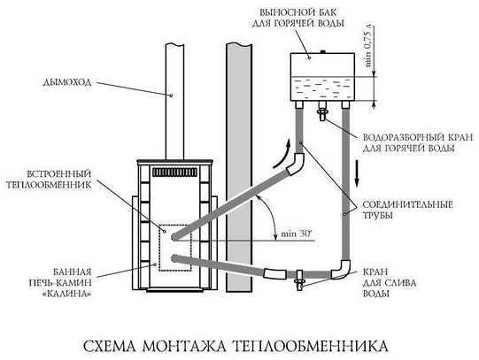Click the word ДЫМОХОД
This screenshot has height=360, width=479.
pos(67,82)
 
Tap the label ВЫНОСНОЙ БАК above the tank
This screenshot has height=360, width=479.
pos(297,12)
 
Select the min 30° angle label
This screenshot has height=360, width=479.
pos(297,234)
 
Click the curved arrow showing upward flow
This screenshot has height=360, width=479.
pos(283,154)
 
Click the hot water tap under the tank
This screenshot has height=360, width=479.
pos(322,111)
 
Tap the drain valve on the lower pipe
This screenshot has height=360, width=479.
pos(299,280)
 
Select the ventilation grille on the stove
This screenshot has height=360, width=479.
pos(175,172)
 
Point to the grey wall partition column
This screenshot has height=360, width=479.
pos(239,167)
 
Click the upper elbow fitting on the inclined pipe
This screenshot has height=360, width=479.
pos(296,164)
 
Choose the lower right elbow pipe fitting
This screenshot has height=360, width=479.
pos(341,269)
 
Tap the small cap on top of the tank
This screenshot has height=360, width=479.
pos(321,51)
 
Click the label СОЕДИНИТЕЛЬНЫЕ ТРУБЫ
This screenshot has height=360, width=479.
pos(407,210)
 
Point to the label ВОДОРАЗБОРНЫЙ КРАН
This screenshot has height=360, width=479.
pos(417,137)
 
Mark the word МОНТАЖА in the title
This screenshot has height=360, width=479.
pos(184,346)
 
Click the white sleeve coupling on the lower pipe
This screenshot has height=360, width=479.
pos(275,273)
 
